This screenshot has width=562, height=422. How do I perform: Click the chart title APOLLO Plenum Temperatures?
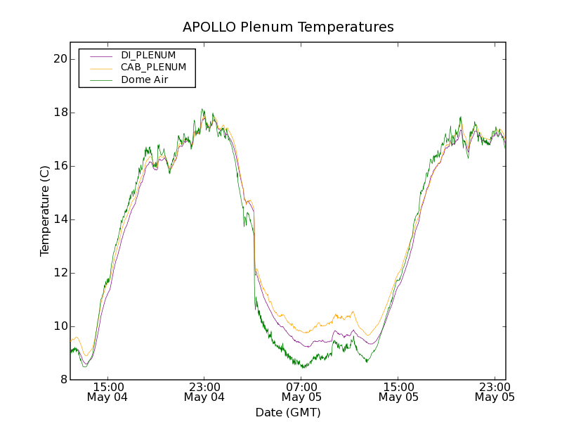(x=288, y=27)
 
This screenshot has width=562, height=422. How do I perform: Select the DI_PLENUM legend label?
(x=148, y=55)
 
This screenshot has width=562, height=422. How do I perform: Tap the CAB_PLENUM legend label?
(x=153, y=68)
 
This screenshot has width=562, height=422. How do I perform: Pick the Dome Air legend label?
(x=144, y=79)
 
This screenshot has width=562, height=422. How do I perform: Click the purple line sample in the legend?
(x=100, y=55)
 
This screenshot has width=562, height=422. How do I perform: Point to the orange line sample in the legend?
(x=100, y=68)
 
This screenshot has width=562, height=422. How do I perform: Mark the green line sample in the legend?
(x=100, y=79)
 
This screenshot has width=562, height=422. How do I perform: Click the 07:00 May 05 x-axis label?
(x=301, y=392)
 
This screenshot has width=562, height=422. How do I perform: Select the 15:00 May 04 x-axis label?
(x=107, y=392)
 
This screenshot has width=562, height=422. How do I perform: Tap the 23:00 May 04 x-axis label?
(x=204, y=392)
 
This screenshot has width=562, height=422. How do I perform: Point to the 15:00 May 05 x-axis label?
(x=398, y=392)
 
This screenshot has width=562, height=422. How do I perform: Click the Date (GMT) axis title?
(x=288, y=412)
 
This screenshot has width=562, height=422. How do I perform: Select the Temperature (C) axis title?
(x=45, y=211)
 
